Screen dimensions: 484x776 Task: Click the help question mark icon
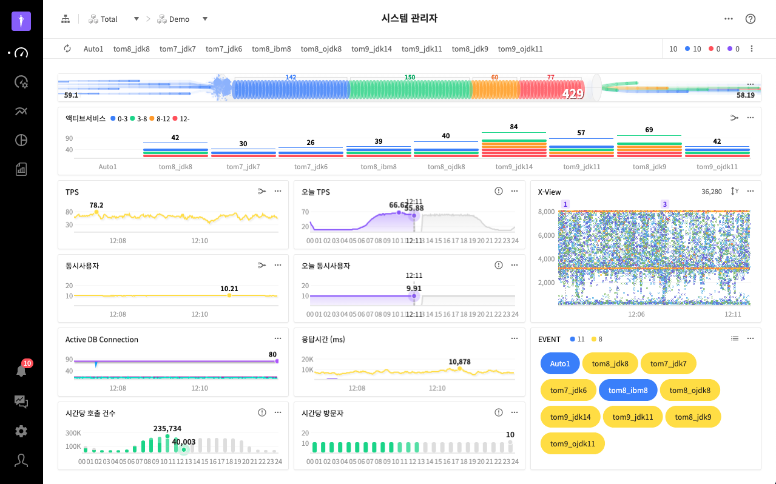pyautogui.click(x=751, y=19)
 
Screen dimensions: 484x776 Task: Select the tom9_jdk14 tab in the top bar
pyautogui.click(x=371, y=49)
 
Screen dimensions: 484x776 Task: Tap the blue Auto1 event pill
pyautogui.click(x=560, y=364)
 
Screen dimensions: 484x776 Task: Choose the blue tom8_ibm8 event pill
pyautogui.click(x=628, y=391)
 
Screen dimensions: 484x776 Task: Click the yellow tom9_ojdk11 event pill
pyautogui.click(x=572, y=444)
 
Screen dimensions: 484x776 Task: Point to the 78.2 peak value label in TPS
pyautogui.click(x=96, y=205)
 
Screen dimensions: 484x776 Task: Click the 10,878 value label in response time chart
pyautogui.click(x=459, y=361)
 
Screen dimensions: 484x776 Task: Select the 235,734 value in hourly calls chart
pyautogui.click(x=167, y=428)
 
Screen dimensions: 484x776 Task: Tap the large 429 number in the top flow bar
pyautogui.click(x=572, y=94)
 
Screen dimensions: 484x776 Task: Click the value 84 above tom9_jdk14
pyautogui.click(x=514, y=127)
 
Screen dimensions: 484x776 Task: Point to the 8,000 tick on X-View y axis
pyautogui.click(x=547, y=212)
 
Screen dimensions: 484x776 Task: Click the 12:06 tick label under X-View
pyautogui.click(x=636, y=315)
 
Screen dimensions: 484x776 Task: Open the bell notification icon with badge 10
pyautogui.click(x=21, y=371)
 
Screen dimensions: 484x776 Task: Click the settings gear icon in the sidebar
pyautogui.click(x=21, y=431)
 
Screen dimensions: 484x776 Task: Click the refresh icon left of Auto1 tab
pyautogui.click(x=67, y=49)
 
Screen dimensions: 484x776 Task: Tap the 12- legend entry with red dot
pyautogui.click(x=181, y=119)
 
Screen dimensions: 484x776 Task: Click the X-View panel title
pyautogui.click(x=550, y=192)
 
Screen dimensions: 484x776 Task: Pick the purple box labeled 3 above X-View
pyautogui.click(x=665, y=204)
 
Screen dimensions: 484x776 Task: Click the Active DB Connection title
pyautogui.click(x=102, y=340)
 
